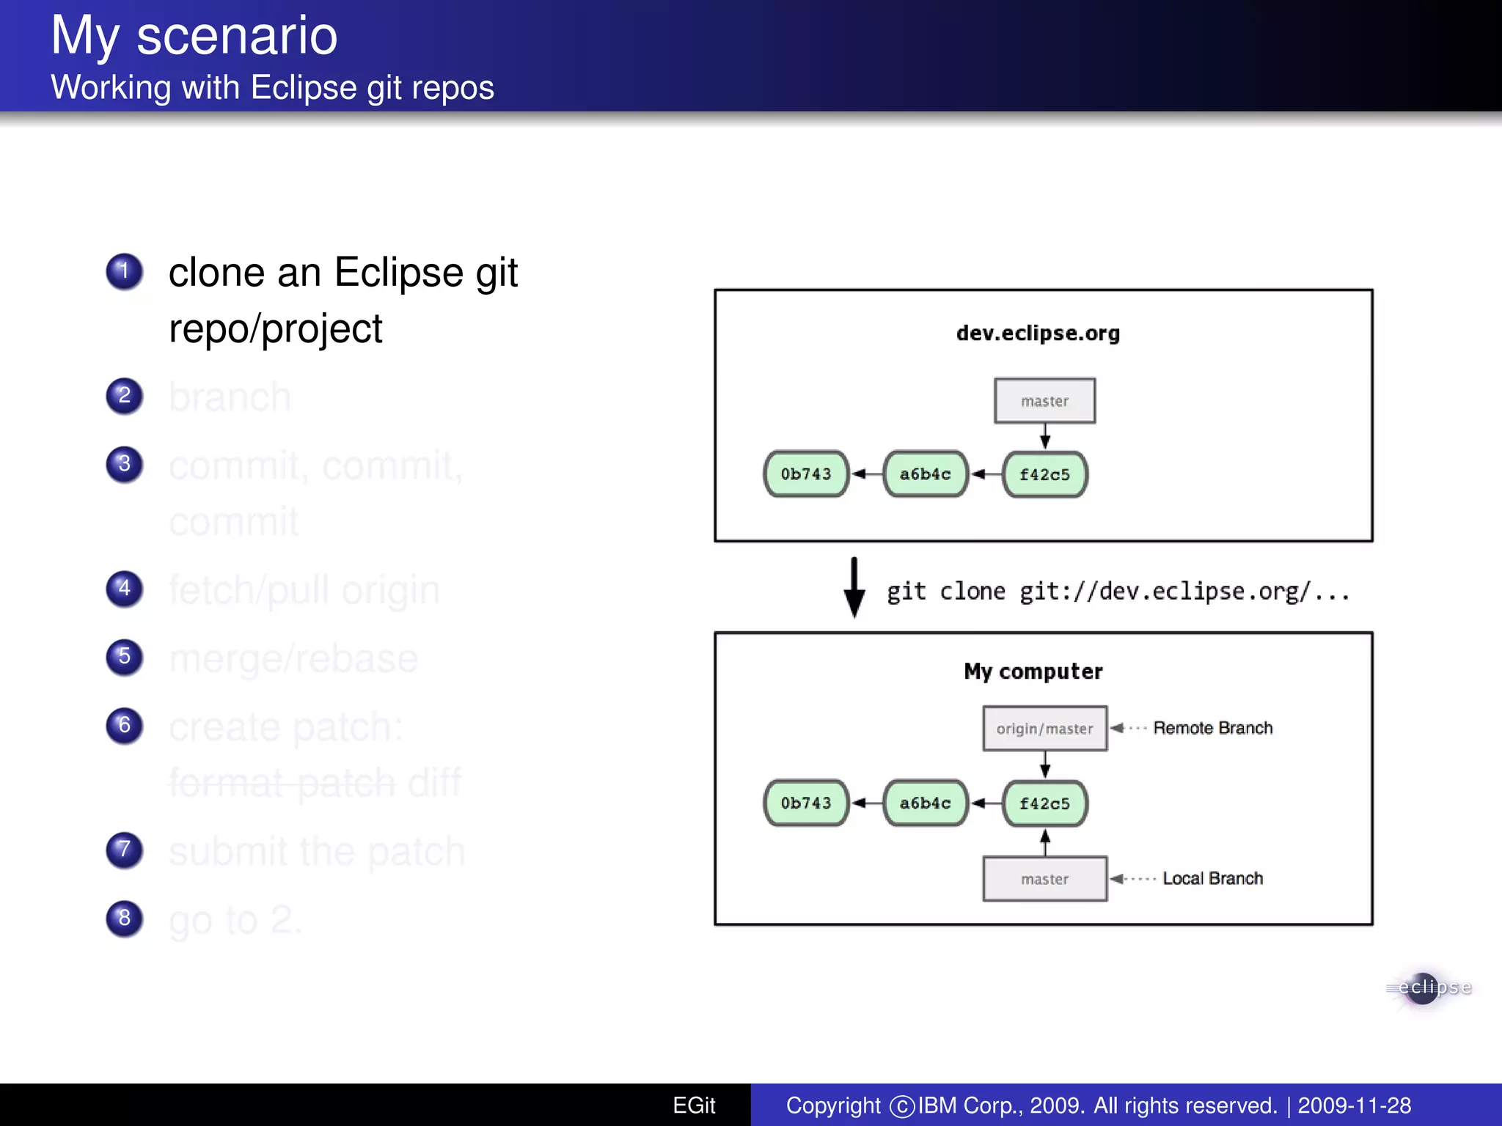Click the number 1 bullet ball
(124, 271)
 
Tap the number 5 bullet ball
(124, 656)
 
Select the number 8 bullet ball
(124, 918)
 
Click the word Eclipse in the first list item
(398, 273)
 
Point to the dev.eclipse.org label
(1038, 333)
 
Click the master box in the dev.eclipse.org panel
(1044, 401)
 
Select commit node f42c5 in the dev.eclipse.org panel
(1044, 474)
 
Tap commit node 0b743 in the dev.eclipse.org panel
(806, 474)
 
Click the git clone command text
(1118, 591)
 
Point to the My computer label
(1033, 671)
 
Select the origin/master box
(1044, 729)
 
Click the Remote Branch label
(1212, 728)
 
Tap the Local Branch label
(1212, 878)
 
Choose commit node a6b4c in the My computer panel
(926, 803)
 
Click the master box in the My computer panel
(1044, 879)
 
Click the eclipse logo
(1428, 988)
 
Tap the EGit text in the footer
(694, 1105)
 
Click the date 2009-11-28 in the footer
(1354, 1105)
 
